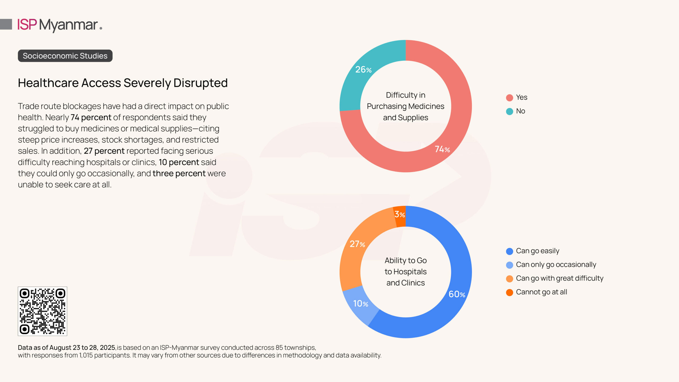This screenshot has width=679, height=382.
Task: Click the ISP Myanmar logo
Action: [60, 25]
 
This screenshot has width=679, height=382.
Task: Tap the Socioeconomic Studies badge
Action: [65, 56]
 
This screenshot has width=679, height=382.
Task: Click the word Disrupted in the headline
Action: [201, 83]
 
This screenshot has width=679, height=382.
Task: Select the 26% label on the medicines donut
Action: [363, 70]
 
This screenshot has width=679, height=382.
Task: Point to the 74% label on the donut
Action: [442, 149]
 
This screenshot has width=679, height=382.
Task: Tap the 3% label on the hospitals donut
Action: [399, 214]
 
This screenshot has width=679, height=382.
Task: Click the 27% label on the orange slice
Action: [357, 244]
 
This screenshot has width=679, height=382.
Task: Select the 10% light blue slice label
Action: [360, 304]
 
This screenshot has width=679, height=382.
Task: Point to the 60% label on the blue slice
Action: [456, 294]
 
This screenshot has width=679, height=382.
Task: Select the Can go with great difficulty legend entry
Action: [555, 278]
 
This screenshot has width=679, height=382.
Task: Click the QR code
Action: [42, 311]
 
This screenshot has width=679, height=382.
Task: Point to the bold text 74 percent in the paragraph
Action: [91, 118]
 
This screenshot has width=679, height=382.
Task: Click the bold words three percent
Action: [179, 173]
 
